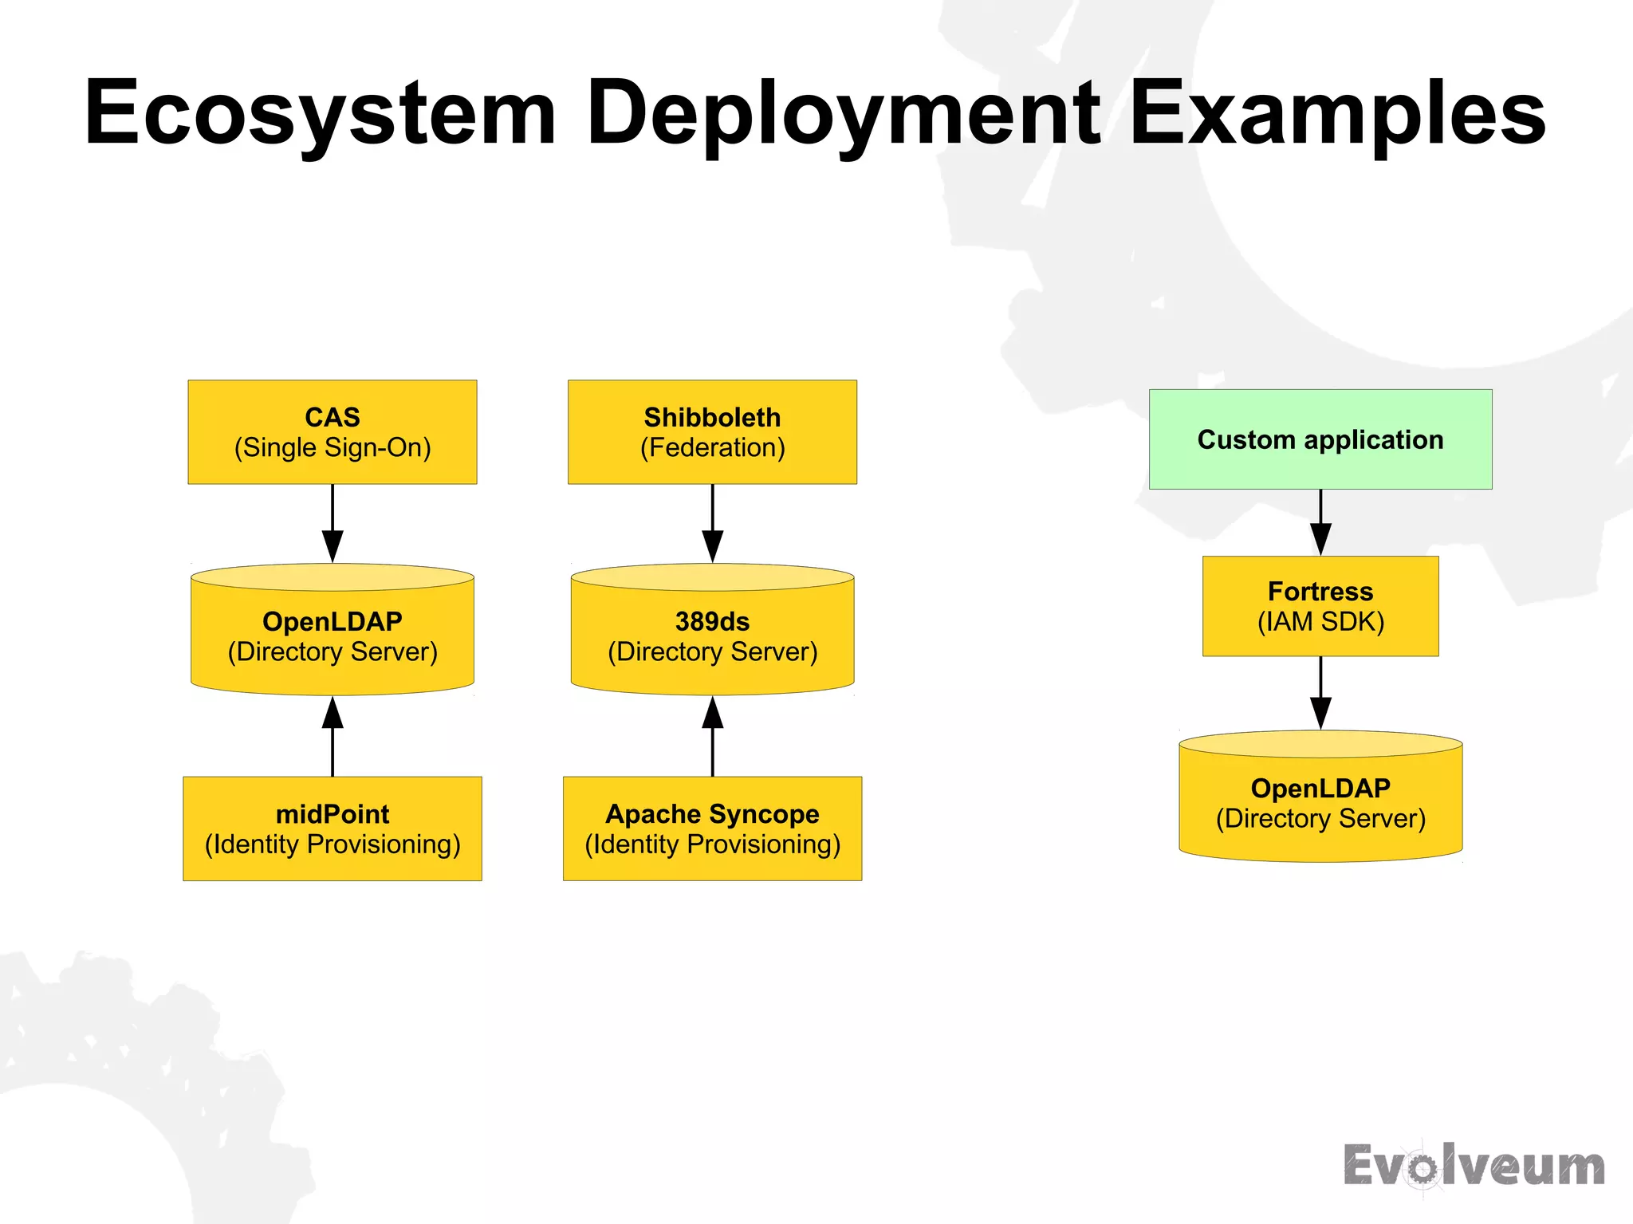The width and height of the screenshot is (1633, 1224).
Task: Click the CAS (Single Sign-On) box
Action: click(332, 431)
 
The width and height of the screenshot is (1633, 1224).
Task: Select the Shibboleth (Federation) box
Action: click(712, 431)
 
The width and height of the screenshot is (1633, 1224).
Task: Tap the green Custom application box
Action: click(1320, 439)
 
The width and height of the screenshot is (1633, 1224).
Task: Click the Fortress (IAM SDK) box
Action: click(1320, 606)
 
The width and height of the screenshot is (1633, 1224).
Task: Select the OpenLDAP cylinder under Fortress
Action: click(1320, 802)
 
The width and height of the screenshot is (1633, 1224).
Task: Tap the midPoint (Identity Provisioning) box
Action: click(332, 828)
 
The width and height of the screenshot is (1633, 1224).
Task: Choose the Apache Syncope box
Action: click(712, 828)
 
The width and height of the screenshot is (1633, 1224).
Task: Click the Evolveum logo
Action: click(1474, 1166)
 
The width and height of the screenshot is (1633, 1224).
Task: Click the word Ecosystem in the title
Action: click(320, 113)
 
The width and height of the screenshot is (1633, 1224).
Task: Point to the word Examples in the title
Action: click(1337, 113)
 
